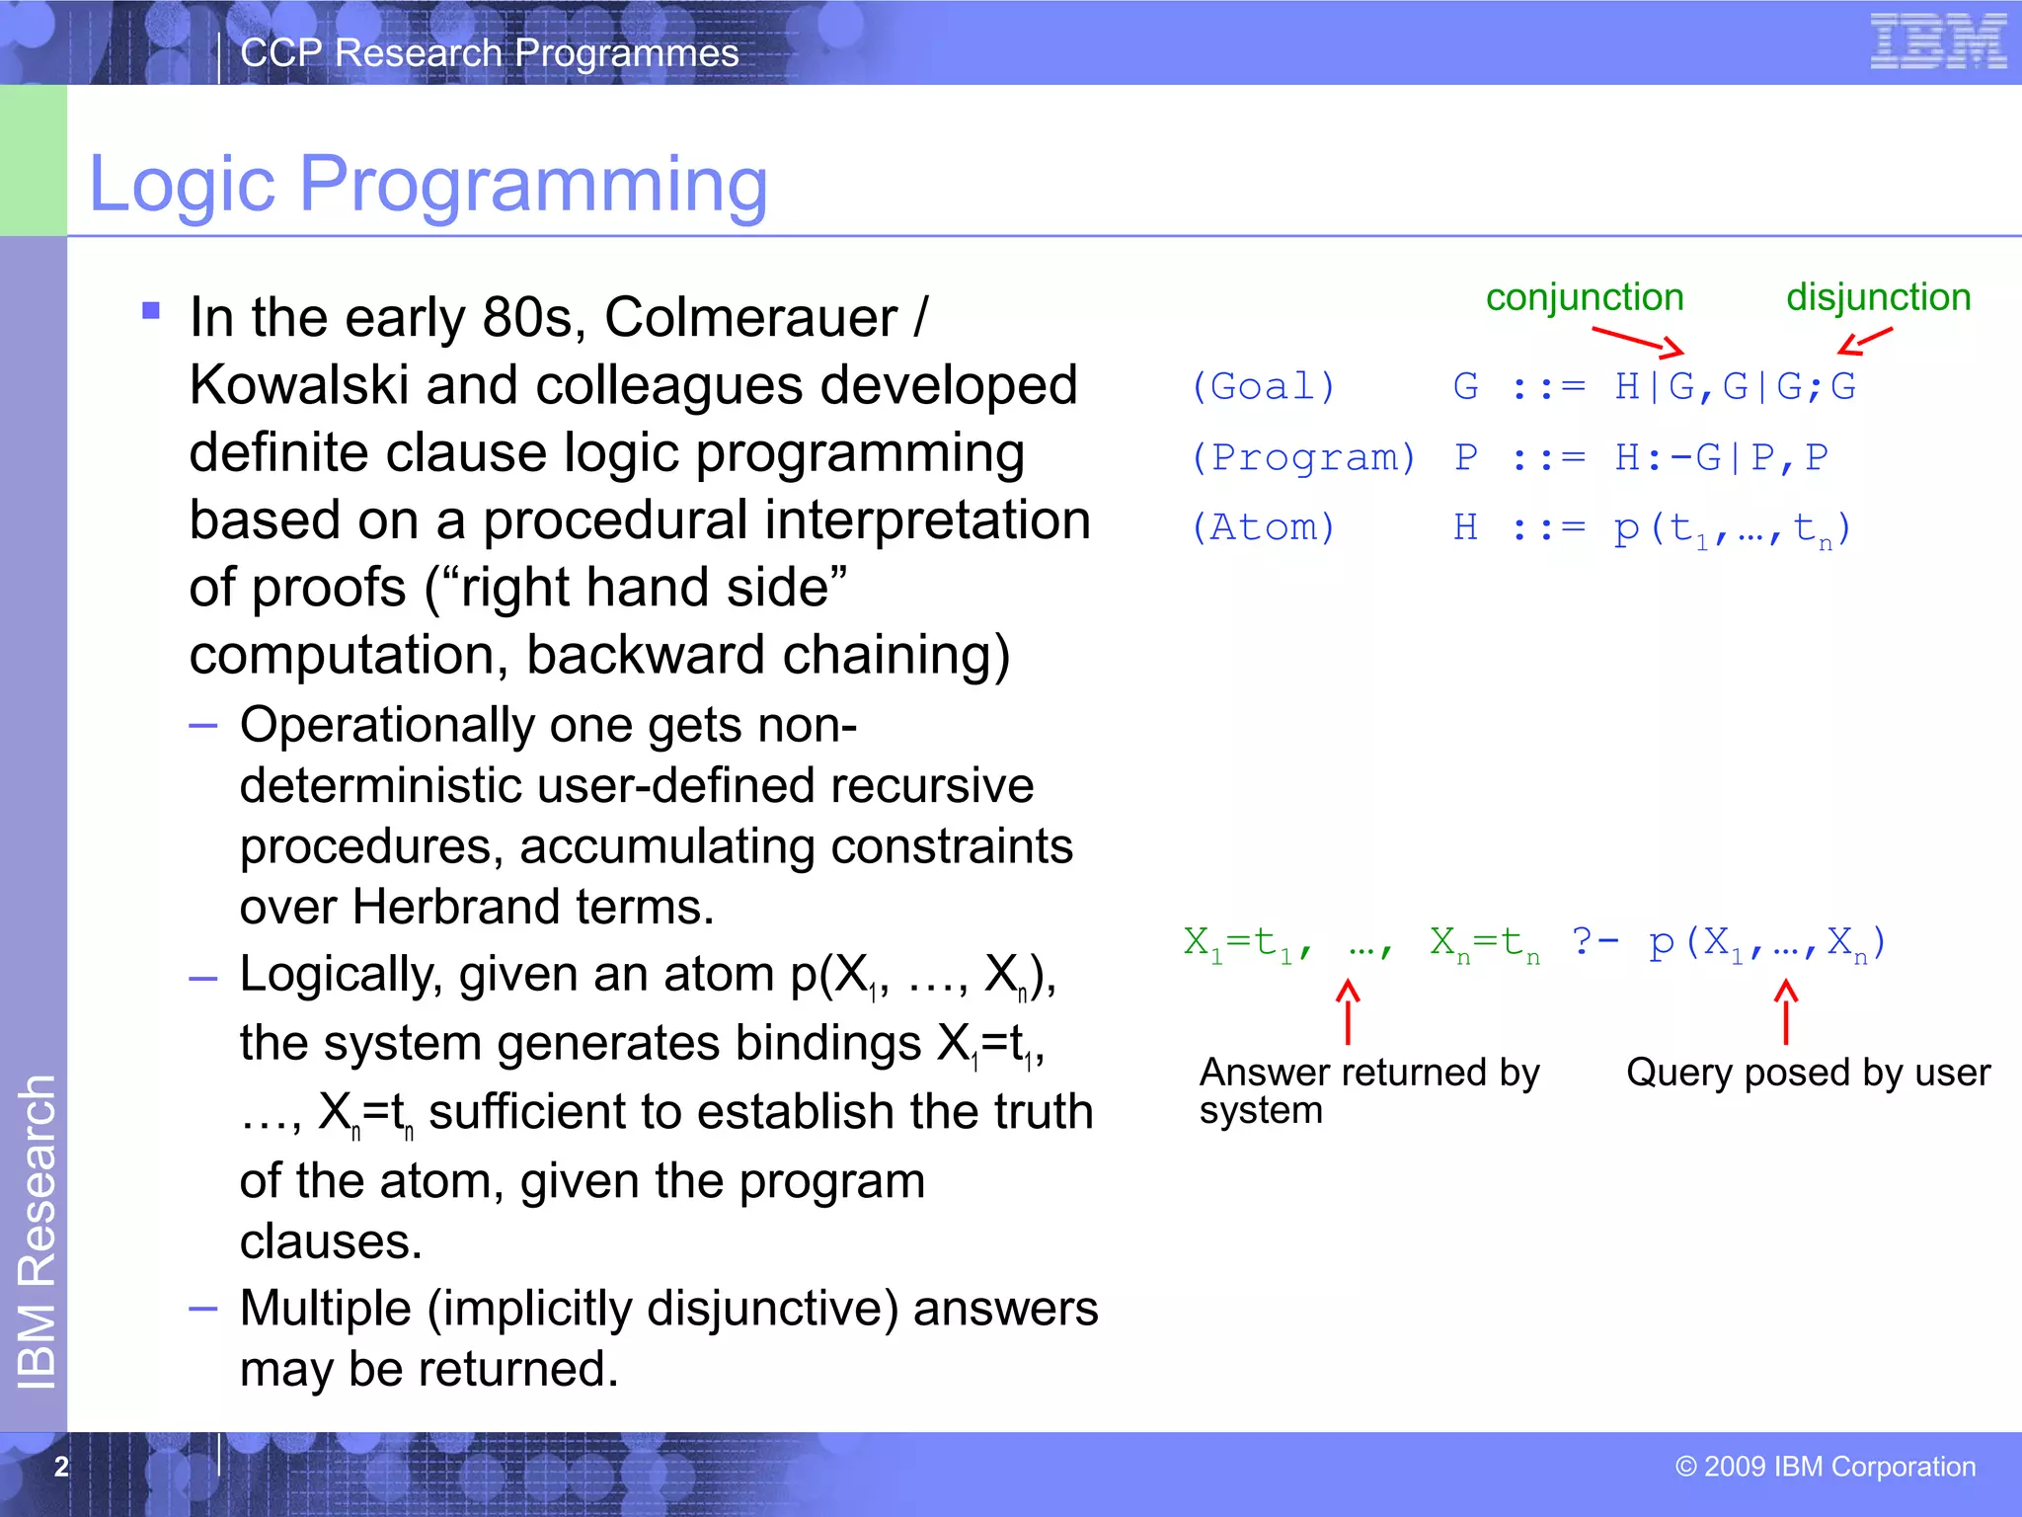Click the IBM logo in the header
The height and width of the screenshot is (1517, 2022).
tap(1937, 42)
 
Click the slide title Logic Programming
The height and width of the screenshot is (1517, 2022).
tap(428, 184)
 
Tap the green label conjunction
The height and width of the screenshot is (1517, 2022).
tap(1584, 297)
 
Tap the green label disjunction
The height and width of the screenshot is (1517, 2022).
tap(1878, 297)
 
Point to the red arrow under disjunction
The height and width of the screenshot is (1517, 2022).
tap(1864, 341)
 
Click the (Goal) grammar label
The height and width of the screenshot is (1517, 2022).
tap(1263, 386)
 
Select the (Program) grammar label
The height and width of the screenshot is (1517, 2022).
tap(1303, 457)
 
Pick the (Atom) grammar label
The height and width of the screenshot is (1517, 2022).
tap(1263, 527)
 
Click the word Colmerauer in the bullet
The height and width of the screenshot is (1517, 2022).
tap(750, 318)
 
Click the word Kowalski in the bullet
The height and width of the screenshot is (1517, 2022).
tap(298, 385)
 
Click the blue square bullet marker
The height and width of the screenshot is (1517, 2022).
tap(151, 311)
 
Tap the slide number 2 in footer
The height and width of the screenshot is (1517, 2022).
tap(61, 1467)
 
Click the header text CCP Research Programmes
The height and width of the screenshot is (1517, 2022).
tap(489, 53)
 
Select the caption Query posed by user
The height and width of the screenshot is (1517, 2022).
tap(1808, 1073)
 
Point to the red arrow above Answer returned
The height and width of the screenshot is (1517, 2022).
tap(1348, 1011)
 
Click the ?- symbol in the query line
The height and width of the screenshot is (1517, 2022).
tap(1594, 941)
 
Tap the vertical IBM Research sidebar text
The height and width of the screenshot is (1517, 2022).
tap(38, 1231)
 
